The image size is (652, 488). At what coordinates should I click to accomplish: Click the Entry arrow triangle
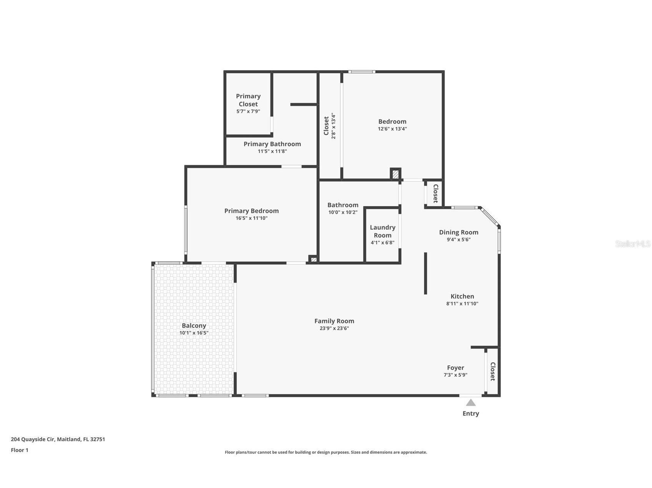point(471,403)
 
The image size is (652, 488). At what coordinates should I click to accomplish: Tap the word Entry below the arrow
point(471,414)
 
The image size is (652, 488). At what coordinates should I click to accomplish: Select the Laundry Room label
point(382,231)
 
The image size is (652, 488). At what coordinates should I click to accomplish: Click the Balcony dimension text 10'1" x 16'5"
point(194,333)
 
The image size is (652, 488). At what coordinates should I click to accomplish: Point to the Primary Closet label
point(248,100)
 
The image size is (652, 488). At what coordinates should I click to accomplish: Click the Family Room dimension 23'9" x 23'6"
point(334,328)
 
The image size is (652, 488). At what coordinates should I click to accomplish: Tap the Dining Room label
point(458,232)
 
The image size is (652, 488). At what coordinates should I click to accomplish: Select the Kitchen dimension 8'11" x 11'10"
point(462,304)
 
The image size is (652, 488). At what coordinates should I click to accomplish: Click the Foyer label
point(455,368)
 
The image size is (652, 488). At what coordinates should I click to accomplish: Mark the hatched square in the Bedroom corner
point(395,174)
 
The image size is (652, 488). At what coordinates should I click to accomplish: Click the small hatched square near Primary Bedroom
point(314,260)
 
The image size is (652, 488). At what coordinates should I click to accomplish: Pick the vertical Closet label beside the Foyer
point(493,371)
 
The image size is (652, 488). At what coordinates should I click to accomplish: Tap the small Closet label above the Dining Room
point(435,193)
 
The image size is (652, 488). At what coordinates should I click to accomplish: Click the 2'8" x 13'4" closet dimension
point(333,126)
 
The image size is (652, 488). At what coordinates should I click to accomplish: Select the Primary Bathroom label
point(272,144)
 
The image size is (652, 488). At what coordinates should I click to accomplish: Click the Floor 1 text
point(20,450)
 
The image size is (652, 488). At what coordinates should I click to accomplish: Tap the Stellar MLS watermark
point(632,244)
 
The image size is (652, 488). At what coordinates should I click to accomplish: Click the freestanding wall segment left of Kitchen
point(425,273)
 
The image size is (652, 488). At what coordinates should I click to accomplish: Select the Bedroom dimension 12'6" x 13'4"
point(392,129)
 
